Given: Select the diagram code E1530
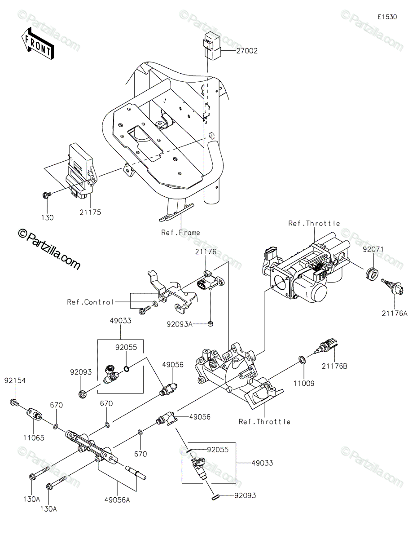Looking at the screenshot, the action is (387, 17).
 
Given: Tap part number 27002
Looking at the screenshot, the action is (247, 51).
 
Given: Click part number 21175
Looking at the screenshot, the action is (90, 212).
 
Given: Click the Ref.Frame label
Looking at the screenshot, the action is (180, 232).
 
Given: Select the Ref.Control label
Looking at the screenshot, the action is (90, 302).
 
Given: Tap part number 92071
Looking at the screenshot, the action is (373, 249).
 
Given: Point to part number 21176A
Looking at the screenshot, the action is (395, 314).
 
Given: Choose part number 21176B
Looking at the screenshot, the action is (334, 366).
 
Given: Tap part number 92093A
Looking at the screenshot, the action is (180, 324).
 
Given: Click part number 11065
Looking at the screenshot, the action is (34, 438).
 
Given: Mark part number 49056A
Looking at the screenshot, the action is (117, 500).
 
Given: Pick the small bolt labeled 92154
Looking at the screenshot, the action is (14, 402).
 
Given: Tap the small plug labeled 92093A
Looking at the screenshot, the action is (211, 323).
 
